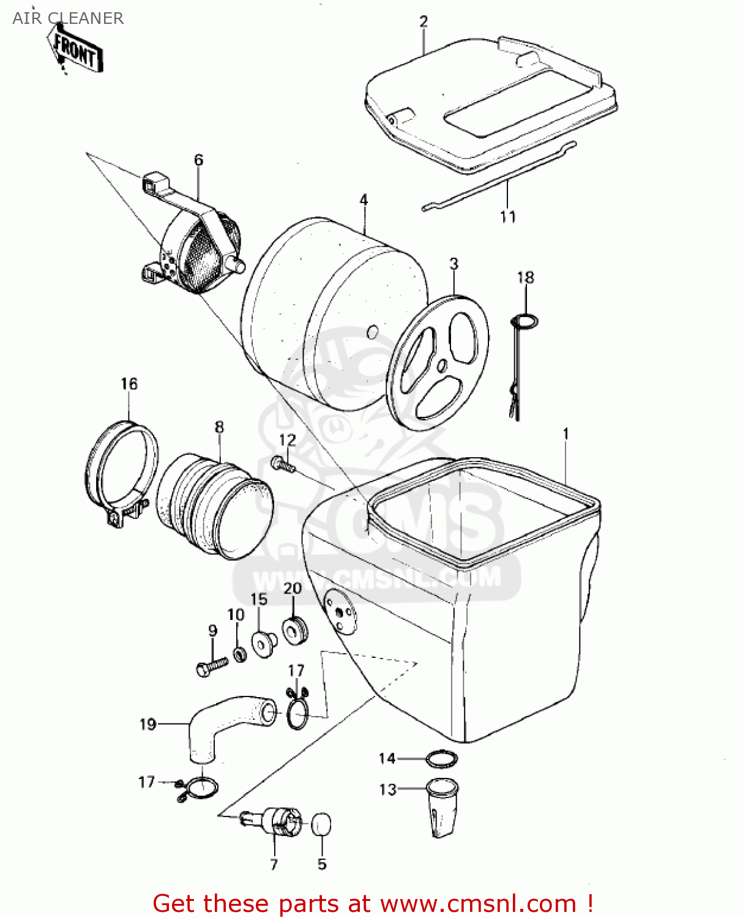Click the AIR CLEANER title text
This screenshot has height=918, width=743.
(68, 18)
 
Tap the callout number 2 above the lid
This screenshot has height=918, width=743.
(424, 22)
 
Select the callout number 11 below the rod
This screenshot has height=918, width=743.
(507, 217)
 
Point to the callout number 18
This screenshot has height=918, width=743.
(525, 278)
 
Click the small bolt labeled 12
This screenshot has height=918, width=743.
(282, 465)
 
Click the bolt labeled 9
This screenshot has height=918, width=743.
(212, 665)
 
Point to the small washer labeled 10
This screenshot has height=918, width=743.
(239, 654)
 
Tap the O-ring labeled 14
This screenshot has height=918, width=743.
(442, 759)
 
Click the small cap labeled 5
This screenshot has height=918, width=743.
(321, 824)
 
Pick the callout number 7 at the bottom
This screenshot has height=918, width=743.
(274, 864)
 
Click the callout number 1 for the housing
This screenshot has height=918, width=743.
(566, 434)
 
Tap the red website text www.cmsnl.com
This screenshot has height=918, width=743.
(477, 903)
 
